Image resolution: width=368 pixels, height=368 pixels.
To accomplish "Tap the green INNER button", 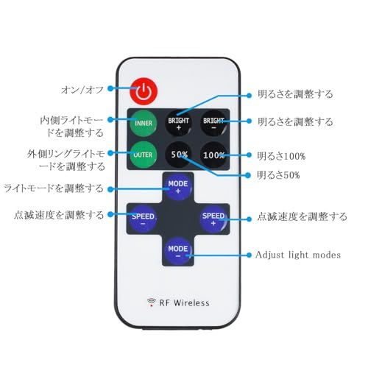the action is (143, 123).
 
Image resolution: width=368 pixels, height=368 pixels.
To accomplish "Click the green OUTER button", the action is (143, 155).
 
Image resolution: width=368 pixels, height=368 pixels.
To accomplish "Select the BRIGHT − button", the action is (213, 123).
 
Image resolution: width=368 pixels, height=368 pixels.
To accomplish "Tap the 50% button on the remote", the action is (179, 155).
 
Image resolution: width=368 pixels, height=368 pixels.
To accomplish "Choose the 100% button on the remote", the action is (213, 155).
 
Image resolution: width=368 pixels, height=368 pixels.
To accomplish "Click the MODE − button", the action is (178, 252).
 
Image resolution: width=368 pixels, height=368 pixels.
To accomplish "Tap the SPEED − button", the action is (143, 219).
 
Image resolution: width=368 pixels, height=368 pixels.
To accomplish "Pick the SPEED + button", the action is (213, 219).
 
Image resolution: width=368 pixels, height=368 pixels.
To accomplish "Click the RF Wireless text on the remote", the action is (184, 302).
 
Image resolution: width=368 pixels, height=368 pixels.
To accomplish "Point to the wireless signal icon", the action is (152, 302).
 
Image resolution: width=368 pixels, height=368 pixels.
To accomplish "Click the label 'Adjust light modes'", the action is (298, 255).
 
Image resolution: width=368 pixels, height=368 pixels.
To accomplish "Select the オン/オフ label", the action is (82, 90).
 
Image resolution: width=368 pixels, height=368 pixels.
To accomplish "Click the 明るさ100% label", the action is (281, 156).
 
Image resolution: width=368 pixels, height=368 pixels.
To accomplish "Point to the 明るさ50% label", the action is (278, 175).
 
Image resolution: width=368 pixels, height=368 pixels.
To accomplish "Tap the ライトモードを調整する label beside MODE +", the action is (54, 188).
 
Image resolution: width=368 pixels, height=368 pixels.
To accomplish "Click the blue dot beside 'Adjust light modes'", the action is (249, 255).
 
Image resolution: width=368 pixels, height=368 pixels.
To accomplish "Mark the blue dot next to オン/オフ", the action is (110, 88).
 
